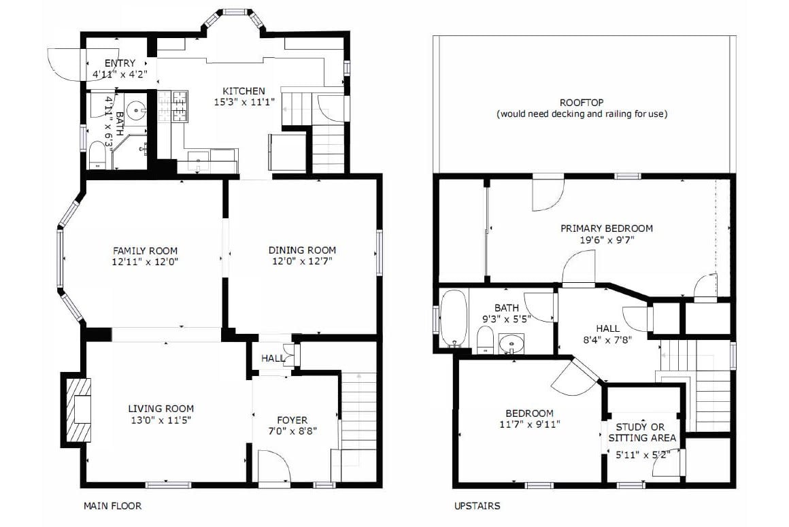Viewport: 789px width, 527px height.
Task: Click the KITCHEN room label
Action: [x=244, y=91]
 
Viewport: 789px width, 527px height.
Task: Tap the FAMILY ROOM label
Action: [x=145, y=250]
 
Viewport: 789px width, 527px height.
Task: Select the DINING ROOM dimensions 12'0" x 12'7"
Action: [x=302, y=262]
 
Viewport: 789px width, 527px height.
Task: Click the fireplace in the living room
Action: [x=77, y=409]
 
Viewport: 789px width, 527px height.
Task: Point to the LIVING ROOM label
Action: [x=161, y=409]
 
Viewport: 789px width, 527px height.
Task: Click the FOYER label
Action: [x=292, y=420]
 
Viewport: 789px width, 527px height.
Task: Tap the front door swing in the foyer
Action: [x=274, y=466]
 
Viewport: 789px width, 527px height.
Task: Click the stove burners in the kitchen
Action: [x=173, y=107]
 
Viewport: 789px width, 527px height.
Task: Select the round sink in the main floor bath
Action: [x=135, y=109]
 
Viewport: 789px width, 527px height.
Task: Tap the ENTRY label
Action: [x=120, y=63]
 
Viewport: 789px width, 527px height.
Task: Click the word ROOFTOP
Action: [x=582, y=103]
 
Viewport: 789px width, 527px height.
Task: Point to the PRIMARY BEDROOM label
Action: [x=606, y=228]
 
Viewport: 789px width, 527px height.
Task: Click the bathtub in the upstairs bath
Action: [x=454, y=318]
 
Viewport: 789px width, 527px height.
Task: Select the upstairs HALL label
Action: [x=607, y=328]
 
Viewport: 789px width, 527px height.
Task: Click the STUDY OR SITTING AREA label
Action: [x=641, y=432]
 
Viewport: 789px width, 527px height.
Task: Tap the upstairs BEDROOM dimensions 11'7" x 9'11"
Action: [x=529, y=424]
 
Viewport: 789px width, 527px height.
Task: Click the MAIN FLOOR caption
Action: [x=113, y=506]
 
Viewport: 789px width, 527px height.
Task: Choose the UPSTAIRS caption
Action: [x=477, y=506]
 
